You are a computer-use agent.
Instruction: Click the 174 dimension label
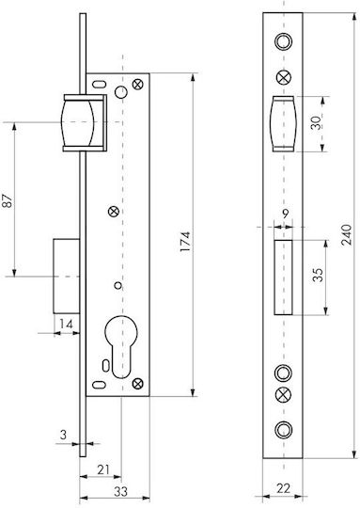185,242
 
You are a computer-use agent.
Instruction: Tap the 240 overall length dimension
347,234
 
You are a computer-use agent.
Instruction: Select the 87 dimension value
8,200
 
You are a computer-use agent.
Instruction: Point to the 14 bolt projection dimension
66,324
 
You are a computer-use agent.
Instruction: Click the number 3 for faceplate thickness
64,435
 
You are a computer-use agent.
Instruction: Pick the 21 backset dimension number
103,469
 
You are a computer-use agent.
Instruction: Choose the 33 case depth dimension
120,491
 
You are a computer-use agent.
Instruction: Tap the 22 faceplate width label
283,488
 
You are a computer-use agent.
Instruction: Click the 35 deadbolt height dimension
319,275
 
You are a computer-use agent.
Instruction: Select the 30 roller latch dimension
317,123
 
